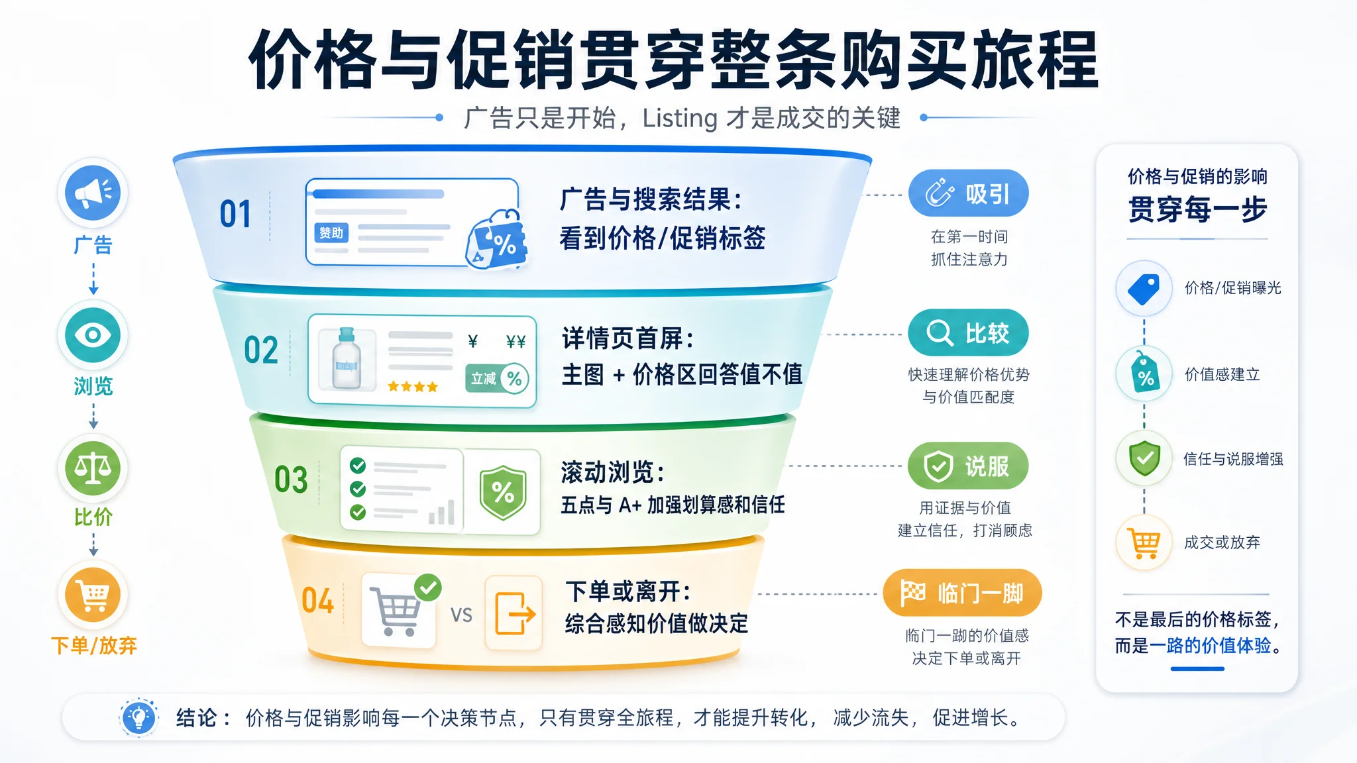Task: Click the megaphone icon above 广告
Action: pyautogui.click(x=93, y=193)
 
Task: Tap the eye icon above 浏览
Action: pyautogui.click(x=93, y=334)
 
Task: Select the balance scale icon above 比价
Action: pyautogui.click(x=93, y=468)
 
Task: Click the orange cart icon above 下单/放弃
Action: pyautogui.click(x=93, y=595)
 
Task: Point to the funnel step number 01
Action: pyautogui.click(x=235, y=215)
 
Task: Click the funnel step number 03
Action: pyautogui.click(x=291, y=480)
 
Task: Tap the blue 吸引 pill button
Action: pyautogui.click(x=968, y=193)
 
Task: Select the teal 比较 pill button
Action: pyautogui.click(x=968, y=332)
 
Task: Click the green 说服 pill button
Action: pyautogui.click(x=968, y=466)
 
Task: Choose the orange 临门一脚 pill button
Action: pyautogui.click(x=962, y=593)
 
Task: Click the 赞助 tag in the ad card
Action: pyautogui.click(x=331, y=232)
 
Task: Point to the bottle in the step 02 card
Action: pyautogui.click(x=346, y=358)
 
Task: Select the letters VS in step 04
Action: pyautogui.click(x=462, y=615)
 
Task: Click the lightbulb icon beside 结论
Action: pyautogui.click(x=139, y=717)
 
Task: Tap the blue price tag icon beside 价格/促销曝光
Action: pyautogui.click(x=1144, y=289)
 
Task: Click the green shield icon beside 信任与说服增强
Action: pyautogui.click(x=1144, y=458)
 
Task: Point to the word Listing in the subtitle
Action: pyautogui.click(x=680, y=119)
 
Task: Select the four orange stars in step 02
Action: pyautogui.click(x=413, y=387)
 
